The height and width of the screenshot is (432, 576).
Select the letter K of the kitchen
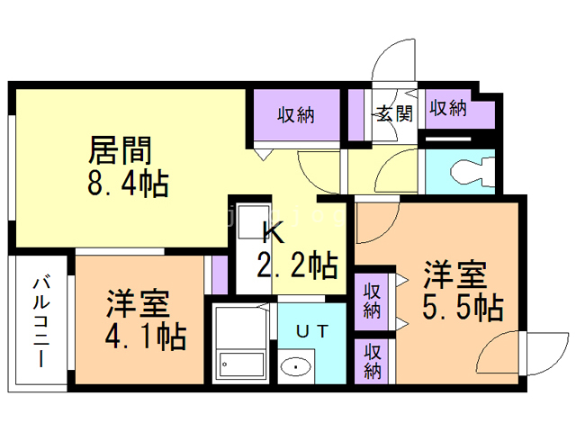tap(273, 233)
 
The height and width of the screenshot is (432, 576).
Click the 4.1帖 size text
tap(147, 337)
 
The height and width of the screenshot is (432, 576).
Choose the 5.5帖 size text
tap(462, 307)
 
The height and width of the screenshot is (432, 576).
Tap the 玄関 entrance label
tap(393, 113)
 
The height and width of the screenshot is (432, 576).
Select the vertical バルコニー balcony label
tap(40, 319)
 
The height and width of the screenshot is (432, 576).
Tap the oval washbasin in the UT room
tap(295, 367)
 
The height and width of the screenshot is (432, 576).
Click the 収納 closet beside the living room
tap(294, 114)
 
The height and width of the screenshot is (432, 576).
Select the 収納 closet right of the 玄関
tap(448, 109)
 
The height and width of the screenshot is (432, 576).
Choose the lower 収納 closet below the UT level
tap(373, 361)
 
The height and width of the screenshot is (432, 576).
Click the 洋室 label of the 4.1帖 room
tap(137, 302)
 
